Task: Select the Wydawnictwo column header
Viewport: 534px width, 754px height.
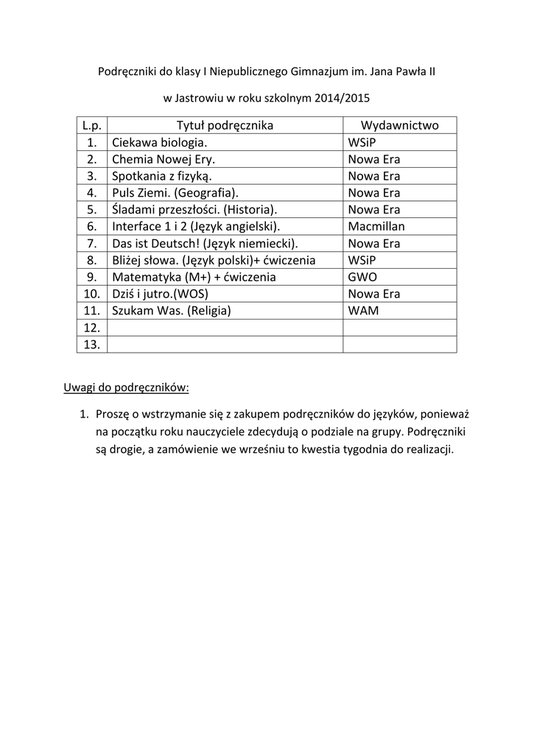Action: click(399, 125)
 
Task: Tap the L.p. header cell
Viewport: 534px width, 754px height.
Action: click(92, 125)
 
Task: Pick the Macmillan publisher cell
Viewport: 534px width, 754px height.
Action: click(376, 226)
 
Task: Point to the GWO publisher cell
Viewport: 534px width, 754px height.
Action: click(362, 277)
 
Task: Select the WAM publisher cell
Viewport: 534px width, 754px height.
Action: click(363, 311)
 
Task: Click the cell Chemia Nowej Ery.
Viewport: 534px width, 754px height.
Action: click(164, 159)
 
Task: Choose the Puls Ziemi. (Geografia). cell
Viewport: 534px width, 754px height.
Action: click(175, 193)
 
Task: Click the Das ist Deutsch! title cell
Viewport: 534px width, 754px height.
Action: click(205, 243)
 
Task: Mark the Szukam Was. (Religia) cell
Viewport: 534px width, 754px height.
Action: click(171, 311)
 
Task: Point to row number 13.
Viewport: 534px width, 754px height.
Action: click(92, 345)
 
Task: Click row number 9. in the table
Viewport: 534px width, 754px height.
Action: click(92, 277)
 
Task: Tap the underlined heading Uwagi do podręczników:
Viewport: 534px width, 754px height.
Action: click(126, 387)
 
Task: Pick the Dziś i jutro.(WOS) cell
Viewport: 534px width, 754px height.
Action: click(159, 294)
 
